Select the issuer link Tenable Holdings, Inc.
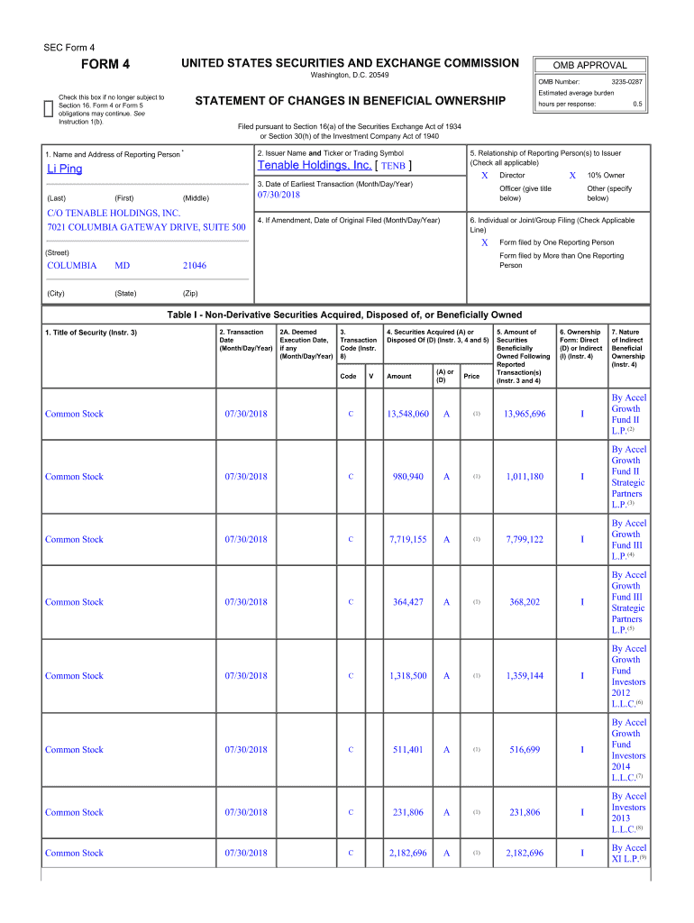pos(314,166)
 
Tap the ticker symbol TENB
pos(393,167)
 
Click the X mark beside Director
pos(484,175)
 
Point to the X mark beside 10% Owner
pos(572,175)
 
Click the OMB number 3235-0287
pos(626,82)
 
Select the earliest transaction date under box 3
pos(279,195)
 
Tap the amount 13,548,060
pos(407,415)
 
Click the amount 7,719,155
pos(407,540)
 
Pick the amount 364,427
pos(410,602)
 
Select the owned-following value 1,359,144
pos(524,676)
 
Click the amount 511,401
pos(410,750)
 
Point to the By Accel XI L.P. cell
pos(628,853)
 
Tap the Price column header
pos(471,376)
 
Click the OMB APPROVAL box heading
pos(592,65)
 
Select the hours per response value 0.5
pos(636,104)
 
